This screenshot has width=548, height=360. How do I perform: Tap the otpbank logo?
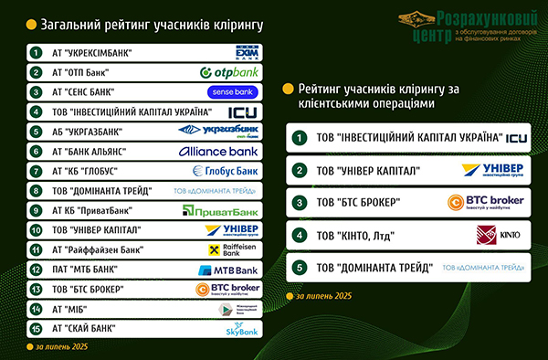[x=227, y=71]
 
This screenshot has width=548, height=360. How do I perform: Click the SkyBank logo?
[x=242, y=329]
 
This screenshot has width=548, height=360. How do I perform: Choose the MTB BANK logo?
[x=229, y=270]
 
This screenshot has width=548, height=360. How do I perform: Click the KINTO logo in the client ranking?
[x=498, y=237]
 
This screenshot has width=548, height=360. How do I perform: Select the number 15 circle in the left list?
[x=37, y=328]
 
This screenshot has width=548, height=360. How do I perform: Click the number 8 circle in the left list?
[x=37, y=191]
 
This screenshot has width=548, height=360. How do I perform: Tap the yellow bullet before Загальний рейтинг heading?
[x=31, y=25]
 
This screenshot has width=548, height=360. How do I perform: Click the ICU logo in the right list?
[x=517, y=138]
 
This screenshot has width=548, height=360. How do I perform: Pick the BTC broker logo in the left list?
[x=229, y=290]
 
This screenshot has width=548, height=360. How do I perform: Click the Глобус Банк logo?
[x=226, y=171]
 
